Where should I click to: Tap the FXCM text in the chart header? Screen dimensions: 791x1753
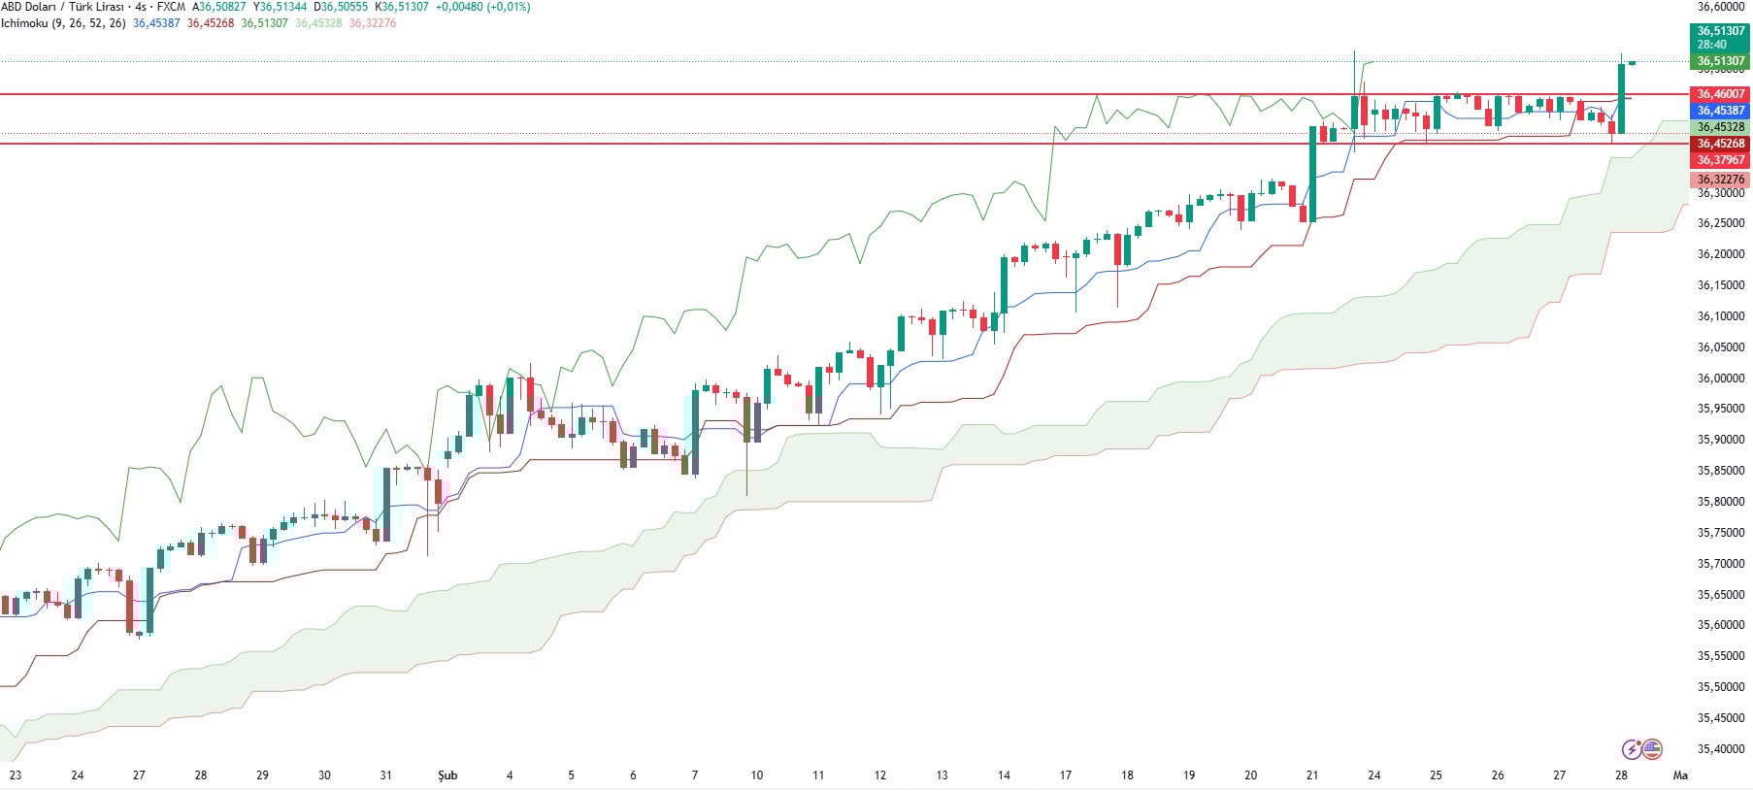click(x=172, y=7)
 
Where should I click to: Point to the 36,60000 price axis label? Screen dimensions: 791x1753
click(x=1721, y=6)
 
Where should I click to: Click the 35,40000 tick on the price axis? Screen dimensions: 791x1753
click(x=1721, y=749)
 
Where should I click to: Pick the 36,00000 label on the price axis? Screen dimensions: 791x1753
click(x=1721, y=379)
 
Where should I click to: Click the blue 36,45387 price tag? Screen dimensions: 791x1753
click(x=1721, y=111)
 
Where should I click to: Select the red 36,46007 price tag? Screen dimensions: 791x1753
click(x=1721, y=94)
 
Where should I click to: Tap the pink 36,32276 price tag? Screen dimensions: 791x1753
click(x=1721, y=180)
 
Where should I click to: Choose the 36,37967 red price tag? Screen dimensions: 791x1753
click(x=1721, y=160)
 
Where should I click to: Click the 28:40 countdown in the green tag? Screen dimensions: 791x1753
click(x=1712, y=45)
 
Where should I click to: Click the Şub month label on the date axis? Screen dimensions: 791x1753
click(x=447, y=775)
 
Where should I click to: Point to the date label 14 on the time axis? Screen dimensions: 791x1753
click(x=1004, y=775)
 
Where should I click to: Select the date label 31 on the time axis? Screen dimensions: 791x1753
click(x=386, y=775)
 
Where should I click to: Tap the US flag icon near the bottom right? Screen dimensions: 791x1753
click(x=1652, y=749)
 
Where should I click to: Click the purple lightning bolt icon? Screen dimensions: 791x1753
click(x=1632, y=749)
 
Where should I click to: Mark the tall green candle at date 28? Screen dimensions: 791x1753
click(x=1621, y=98)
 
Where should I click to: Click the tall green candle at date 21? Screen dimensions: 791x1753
click(x=1313, y=174)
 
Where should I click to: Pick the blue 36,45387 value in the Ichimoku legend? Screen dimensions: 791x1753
click(x=156, y=23)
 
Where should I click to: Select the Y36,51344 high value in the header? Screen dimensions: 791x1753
click(x=280, y=7)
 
